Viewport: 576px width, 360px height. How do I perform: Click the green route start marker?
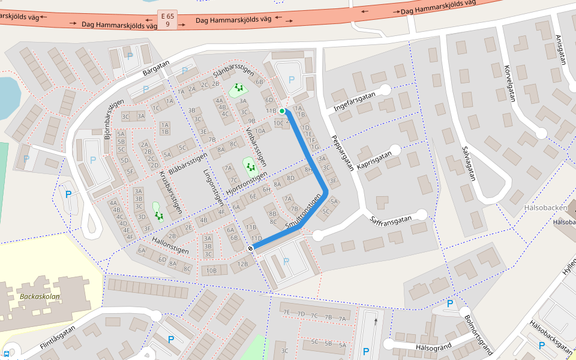(x=282, y=111)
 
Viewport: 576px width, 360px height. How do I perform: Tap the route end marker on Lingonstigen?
(x=250, y=248)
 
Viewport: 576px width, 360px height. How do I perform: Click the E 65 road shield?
(x=167, y=19)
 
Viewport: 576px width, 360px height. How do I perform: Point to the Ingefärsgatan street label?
(x=354, y=101)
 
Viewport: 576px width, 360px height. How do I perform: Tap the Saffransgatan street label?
(x=391, y=220)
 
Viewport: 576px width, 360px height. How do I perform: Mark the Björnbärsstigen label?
(x=114, y=119)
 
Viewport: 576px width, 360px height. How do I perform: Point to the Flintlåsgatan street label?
(x=58, y=337)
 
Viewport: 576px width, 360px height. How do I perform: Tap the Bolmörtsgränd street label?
(x=478, y=334)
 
